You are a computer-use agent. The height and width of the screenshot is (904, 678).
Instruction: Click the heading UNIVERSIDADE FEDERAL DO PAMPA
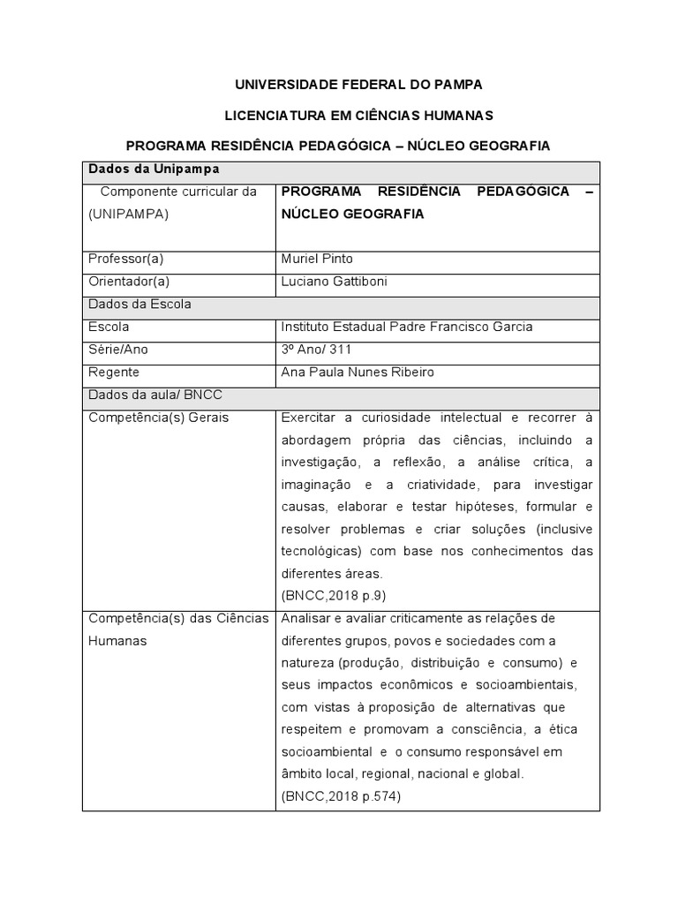click(x=358, y=85)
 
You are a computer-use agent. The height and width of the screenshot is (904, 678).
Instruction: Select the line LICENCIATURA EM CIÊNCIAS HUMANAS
click(x=358, y=115)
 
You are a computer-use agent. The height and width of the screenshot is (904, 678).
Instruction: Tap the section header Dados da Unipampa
click(x=154, y=169)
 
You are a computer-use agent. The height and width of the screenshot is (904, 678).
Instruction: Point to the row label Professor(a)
click(x=126, y=260)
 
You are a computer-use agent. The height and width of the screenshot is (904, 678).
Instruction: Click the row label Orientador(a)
click(x=129, y=282)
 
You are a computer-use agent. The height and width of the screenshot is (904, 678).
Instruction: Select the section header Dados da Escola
click(x=140, y=305)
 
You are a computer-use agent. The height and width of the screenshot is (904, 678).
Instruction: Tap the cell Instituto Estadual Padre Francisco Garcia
click(x=406, y=327)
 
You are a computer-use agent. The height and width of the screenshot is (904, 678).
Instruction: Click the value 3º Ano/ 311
click(x=316, y=350)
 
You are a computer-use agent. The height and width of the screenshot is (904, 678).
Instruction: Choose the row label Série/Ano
click(x=118, y=350)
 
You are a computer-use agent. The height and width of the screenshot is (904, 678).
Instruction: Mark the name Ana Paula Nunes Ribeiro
click(x=357, y=373)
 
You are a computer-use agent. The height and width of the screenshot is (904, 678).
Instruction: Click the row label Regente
click(x=114, y=373)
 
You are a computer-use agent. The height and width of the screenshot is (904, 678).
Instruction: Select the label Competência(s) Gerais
click(x=159, y=418)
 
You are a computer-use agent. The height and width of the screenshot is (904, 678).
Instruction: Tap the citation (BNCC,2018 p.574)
click(x=340, y=796)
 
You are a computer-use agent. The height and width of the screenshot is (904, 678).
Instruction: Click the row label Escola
click(x=109, y=327)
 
